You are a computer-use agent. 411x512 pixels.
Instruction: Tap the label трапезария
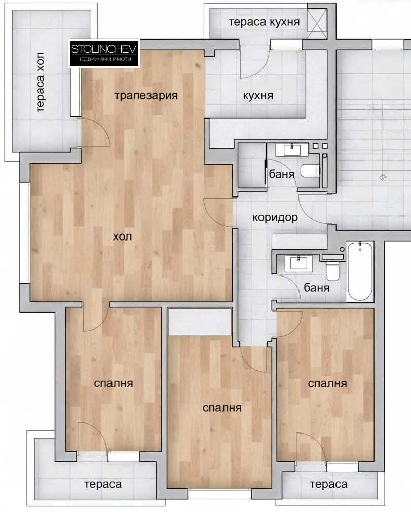click(146, 95)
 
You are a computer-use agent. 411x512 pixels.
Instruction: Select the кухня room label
click(258, 96)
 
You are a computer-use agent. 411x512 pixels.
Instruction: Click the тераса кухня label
click(264, 22)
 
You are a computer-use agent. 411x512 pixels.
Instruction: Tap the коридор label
click(275, 218)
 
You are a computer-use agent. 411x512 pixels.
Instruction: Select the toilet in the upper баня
click(310, 170)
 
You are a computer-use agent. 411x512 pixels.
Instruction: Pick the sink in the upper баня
click(291, 150)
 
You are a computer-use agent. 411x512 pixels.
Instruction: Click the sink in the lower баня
click(298, 263)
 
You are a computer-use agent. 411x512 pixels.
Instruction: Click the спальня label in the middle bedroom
click(221, 408)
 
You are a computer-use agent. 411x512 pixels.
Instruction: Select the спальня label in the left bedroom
click(114, 383)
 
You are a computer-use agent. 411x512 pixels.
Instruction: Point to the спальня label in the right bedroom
click(327, 383)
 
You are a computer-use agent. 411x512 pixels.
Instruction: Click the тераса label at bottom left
click(103, 484)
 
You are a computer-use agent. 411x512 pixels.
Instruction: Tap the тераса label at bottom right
click(328, 484)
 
